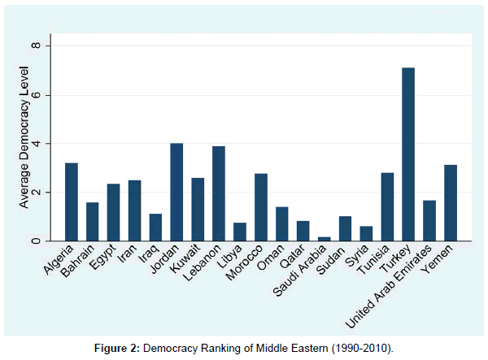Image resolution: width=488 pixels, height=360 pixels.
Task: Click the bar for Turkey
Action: (x=408, y=154)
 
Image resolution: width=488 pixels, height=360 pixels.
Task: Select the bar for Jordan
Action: (x=176, y=193)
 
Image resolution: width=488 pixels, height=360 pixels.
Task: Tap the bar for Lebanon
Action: (x=219, y=193)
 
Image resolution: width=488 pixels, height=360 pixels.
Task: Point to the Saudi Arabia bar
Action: (x=324, y=239)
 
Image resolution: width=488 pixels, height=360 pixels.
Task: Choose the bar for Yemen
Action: (x=450, y=203)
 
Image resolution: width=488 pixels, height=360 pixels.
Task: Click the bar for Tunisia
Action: (x=387, y=207)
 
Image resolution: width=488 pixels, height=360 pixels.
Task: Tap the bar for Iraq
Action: (x=155, y=228)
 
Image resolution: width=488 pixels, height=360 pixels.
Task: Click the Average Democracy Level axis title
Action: (x=24, y=145)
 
